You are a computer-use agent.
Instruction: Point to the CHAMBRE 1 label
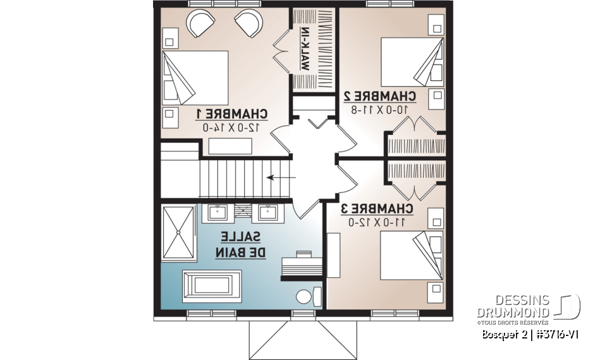[x=231, y=114]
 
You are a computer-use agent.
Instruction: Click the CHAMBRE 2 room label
[x=379, y=96]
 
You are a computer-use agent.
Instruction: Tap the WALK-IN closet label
[x=305, y=49]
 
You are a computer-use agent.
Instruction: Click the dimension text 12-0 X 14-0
[x=231, y=127]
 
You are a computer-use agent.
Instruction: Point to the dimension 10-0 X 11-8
[x=379, y=109]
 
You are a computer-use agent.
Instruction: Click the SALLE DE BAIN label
[x=240, y=244]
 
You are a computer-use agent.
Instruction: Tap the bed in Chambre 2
[x=411, y=61]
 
